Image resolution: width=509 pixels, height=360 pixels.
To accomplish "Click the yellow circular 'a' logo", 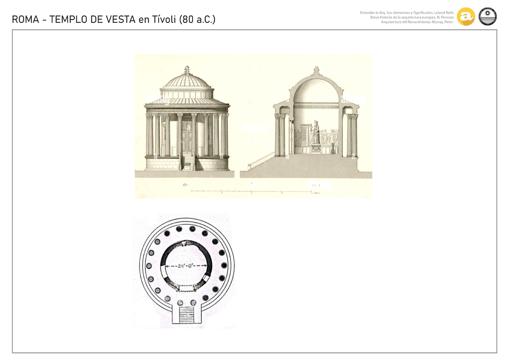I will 466,17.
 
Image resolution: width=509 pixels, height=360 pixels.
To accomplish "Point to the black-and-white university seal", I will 487,17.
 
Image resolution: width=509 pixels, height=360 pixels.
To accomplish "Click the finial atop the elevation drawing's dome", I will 187,69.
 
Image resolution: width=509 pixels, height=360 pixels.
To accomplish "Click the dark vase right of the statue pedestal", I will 333,149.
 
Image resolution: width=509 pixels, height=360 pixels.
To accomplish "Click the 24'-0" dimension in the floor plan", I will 186,266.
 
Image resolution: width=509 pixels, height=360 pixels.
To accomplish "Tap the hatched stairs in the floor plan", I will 187,315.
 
